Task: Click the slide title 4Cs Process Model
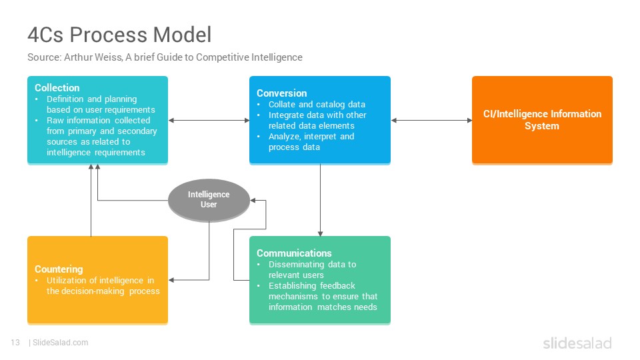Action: coord(119,34)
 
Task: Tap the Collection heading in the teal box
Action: coord(57,88)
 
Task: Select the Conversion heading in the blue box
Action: coord(281,93)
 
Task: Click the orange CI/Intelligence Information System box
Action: coord(542,120)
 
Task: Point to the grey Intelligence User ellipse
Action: coord(209,200)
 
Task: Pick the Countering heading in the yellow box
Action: coord(59,269)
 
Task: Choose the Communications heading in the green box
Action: coord(294,253)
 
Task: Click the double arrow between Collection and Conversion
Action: coord(209,121)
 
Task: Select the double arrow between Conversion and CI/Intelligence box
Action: coord(431,121)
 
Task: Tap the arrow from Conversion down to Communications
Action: coord(320,200)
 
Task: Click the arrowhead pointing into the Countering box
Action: coord(171,280)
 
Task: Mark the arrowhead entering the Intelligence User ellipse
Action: coord(253,201)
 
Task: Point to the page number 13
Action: coord(15,343)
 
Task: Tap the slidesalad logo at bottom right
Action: coord(577,343)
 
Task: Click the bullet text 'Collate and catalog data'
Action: coord(317,105)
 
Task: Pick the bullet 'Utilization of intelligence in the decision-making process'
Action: coord(103,286)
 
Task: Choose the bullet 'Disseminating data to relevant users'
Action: coord(312,270)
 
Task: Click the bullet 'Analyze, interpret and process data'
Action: coord(311,141)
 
